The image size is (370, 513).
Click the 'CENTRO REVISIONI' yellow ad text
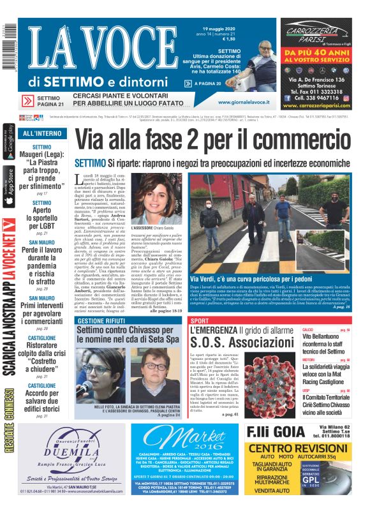300,448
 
